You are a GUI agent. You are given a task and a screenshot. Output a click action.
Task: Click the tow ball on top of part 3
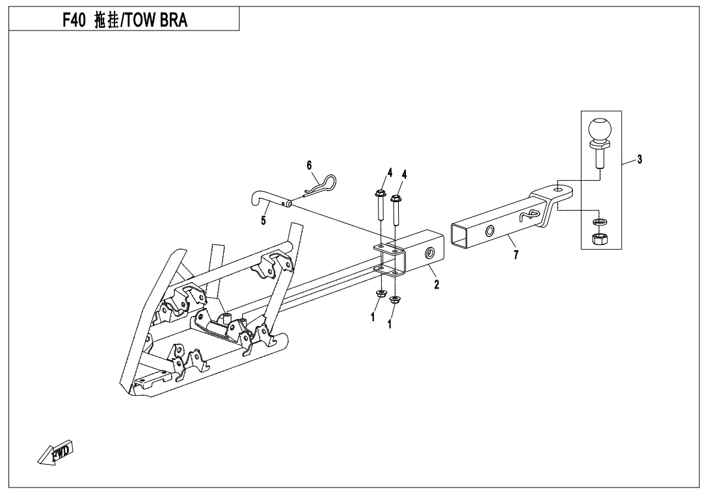point(600,130)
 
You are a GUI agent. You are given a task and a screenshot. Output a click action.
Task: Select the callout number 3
point(639,159)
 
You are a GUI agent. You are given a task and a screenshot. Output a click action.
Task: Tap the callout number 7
point(516,255)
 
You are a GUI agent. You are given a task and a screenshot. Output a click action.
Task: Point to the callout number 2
point(436,284)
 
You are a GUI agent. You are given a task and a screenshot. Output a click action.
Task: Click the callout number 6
point(309,165)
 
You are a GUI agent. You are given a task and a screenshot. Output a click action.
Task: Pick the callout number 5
point(263,220)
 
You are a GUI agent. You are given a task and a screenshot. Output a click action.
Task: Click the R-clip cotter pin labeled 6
point(319,186)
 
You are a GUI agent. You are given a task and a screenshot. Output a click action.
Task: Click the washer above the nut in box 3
point(600,222)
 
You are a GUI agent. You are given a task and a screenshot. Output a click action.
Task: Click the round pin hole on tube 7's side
point(490,231)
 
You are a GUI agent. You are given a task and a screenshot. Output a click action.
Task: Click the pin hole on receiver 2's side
point(429,253)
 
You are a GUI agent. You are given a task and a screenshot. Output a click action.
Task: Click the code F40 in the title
point(74,20)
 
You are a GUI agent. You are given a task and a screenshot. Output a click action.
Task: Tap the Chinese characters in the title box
point(106,20)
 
